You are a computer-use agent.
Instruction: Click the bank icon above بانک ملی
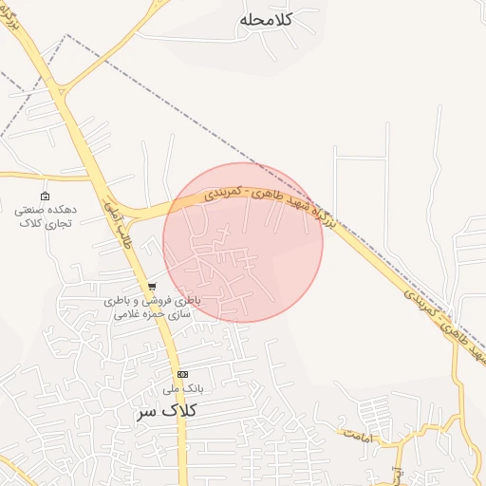click(182, 374)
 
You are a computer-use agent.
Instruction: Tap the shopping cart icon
click(151, 286)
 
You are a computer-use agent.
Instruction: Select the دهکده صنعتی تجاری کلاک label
click(46, 215)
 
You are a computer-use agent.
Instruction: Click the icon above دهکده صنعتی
click(45, 196)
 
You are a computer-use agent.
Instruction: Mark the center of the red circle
click(243, 242)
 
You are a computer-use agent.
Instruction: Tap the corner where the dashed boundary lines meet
click(66, 36)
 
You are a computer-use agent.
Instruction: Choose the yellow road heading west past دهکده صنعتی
click(38, 176)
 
